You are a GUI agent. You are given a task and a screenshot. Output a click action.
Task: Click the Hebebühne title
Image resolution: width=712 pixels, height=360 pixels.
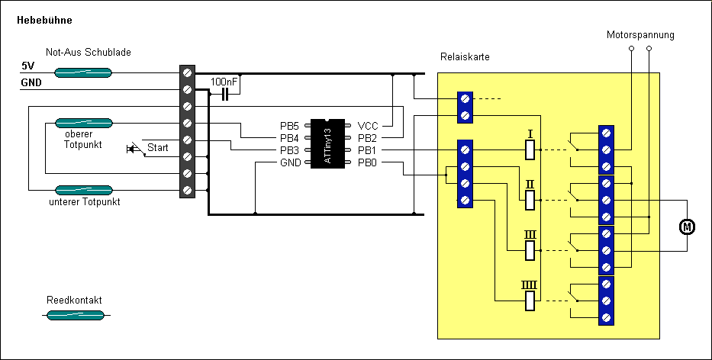click(45, 20)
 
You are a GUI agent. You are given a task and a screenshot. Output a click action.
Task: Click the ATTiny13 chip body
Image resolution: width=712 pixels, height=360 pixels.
click(327, 143)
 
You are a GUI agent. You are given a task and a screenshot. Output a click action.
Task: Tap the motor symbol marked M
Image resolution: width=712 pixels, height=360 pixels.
click(687, 227)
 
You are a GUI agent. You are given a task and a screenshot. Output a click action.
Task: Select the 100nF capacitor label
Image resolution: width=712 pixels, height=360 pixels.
click(224, 81)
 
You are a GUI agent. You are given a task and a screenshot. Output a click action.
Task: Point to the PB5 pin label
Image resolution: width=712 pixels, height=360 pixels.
click(291, 125)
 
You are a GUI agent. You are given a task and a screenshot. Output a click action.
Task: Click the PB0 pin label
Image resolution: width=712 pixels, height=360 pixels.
click(367, 162)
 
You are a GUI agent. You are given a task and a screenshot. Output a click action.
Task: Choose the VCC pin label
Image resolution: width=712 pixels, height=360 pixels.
click(367, 125)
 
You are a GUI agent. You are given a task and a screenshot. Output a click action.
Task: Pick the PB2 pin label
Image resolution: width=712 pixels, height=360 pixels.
click(367, 137)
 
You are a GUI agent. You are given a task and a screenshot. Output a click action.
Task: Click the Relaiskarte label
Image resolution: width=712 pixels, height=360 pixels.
click(465, 57)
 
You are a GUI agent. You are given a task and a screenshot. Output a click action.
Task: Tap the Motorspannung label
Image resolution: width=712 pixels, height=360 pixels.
click(640, 35)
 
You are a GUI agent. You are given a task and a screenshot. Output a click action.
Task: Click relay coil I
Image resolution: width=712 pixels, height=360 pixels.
click(530, 150)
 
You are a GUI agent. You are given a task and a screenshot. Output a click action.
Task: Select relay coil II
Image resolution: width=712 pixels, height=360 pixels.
click(530, 200)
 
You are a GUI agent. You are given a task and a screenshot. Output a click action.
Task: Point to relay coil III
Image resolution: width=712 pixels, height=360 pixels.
click(530, 250)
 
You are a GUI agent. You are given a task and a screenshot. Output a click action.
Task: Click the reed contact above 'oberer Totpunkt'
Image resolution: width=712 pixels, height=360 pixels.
click(83, 123)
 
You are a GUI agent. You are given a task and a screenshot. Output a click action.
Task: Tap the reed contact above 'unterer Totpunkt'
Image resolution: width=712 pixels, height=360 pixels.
click(83, 189)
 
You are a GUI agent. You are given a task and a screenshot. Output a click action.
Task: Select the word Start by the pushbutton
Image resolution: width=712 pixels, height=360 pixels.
click(158, 147)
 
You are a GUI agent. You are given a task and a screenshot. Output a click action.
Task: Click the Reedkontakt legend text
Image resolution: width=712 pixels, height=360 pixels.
click(74, 300)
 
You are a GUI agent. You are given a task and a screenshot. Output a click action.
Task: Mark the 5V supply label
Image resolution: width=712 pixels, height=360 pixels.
click(27, 66)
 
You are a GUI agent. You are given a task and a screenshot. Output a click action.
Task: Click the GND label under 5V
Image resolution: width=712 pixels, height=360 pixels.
click(31, 82)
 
